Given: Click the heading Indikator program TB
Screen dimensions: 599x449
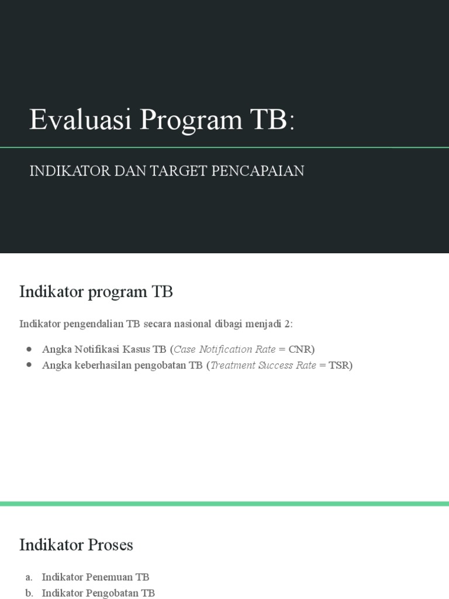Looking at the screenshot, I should (96, 291).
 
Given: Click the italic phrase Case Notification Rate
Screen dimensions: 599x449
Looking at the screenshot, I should (224, 349).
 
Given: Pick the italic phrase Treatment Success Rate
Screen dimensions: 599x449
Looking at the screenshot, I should (263, 366).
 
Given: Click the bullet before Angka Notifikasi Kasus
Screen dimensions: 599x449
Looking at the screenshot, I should (29, 349).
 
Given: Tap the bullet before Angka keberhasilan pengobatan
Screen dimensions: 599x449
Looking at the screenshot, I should (29, 366).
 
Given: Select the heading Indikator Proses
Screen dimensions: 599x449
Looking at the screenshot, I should (76, 545).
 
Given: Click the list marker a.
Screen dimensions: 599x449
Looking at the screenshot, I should (29, 577).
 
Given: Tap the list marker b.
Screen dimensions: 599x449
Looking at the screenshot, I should (29, 593).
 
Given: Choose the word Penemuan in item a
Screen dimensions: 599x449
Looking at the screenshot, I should (110, 577).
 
